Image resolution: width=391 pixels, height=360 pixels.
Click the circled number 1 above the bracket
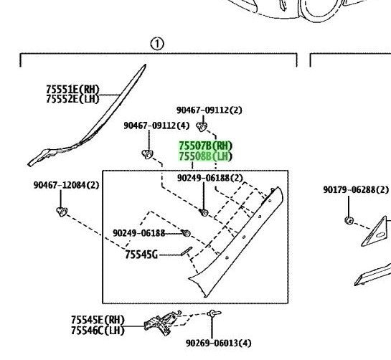click(x=157, y=44)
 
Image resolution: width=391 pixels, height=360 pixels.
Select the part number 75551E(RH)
click(x=72, y=89)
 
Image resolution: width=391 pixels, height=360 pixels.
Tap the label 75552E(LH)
click(x=72, y=99)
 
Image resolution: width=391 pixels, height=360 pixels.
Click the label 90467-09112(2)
click(x=209, y=110)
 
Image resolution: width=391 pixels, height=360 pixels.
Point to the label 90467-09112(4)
click(x=156, y=125)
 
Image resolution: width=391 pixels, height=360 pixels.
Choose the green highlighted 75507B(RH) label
click(x=205, y=146)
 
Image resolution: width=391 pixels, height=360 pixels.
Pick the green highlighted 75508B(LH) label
click(x=205, y=156)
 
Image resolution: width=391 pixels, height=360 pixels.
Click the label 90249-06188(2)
click(x=210, y=178)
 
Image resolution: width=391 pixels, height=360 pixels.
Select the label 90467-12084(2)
click(x=66, y=185)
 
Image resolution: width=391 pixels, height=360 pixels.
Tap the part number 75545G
click(x=141, y=255)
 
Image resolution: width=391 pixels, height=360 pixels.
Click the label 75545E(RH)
click(x=98, y=320)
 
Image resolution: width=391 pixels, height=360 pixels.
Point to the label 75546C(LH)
click(x=98, y=331)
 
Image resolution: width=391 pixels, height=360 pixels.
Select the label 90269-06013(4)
click(x=219, y=344)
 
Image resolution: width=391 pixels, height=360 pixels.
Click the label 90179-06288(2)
click(x=356, y=190)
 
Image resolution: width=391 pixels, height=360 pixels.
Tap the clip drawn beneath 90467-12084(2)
click(x=62, y=212)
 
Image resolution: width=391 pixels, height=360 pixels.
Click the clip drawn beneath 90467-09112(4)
click(x=147, y=154)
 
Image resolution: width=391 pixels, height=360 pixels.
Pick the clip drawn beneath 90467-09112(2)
click(x=201, y=127)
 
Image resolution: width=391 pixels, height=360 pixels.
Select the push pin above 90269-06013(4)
click(x=214, y=313)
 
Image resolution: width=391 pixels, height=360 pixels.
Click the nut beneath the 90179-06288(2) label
click(x=349, y=220)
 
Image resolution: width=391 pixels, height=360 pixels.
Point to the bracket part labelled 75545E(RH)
click(x=162, y=323)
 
